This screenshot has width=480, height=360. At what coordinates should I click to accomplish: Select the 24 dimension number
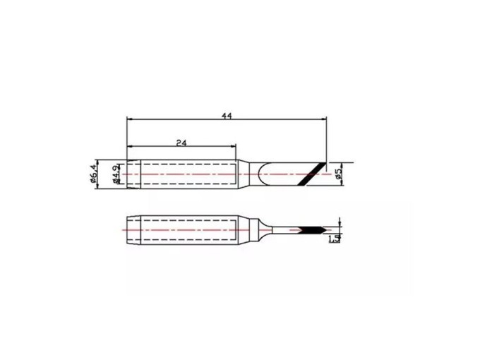181,142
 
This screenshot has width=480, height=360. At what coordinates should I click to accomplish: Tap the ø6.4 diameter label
94,174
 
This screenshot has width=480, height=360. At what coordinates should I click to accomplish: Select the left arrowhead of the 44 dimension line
129,119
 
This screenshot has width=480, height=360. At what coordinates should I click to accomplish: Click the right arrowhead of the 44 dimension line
325,119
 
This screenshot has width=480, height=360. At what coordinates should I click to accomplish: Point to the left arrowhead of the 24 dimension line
129,148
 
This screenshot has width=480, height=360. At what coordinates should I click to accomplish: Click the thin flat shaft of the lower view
286,230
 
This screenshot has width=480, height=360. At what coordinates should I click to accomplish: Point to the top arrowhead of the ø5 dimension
341,162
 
